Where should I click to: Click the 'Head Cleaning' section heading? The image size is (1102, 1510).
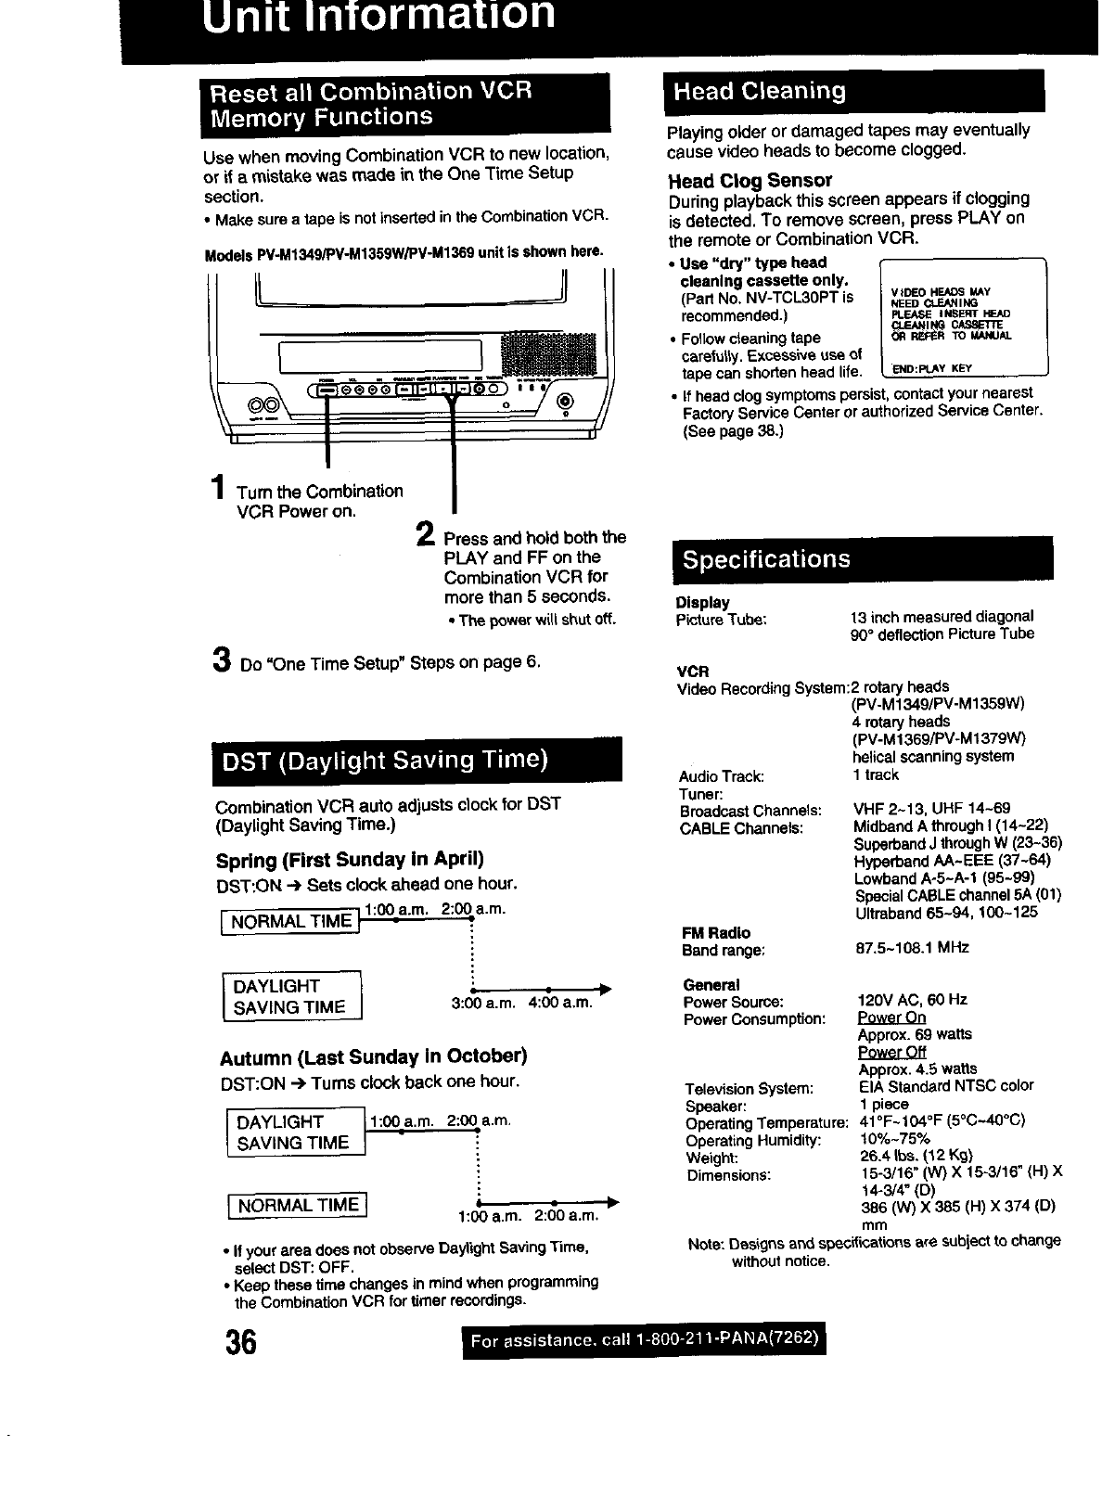coord(760,91)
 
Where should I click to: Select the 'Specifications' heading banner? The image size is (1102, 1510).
coord(766,559)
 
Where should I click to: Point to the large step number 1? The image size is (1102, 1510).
coord(216,488)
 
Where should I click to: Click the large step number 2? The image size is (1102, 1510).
coord(424,534)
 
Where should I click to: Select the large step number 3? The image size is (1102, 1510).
coord(221,659)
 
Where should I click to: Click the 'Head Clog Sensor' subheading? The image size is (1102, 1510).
coord(750,180)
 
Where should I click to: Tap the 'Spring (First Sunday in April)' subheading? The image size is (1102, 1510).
coord(350,859)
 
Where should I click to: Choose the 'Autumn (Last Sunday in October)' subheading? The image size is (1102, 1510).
coord(373,1057)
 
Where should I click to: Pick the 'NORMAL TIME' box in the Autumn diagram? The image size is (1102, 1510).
coord(298,1205)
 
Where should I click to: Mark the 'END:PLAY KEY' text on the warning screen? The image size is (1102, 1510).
coord(930,368)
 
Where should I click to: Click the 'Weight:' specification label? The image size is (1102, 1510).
coord(711,1158)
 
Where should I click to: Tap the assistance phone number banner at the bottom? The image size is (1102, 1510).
coord(644,1342)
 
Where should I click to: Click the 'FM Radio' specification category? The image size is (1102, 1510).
coord(716,932)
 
